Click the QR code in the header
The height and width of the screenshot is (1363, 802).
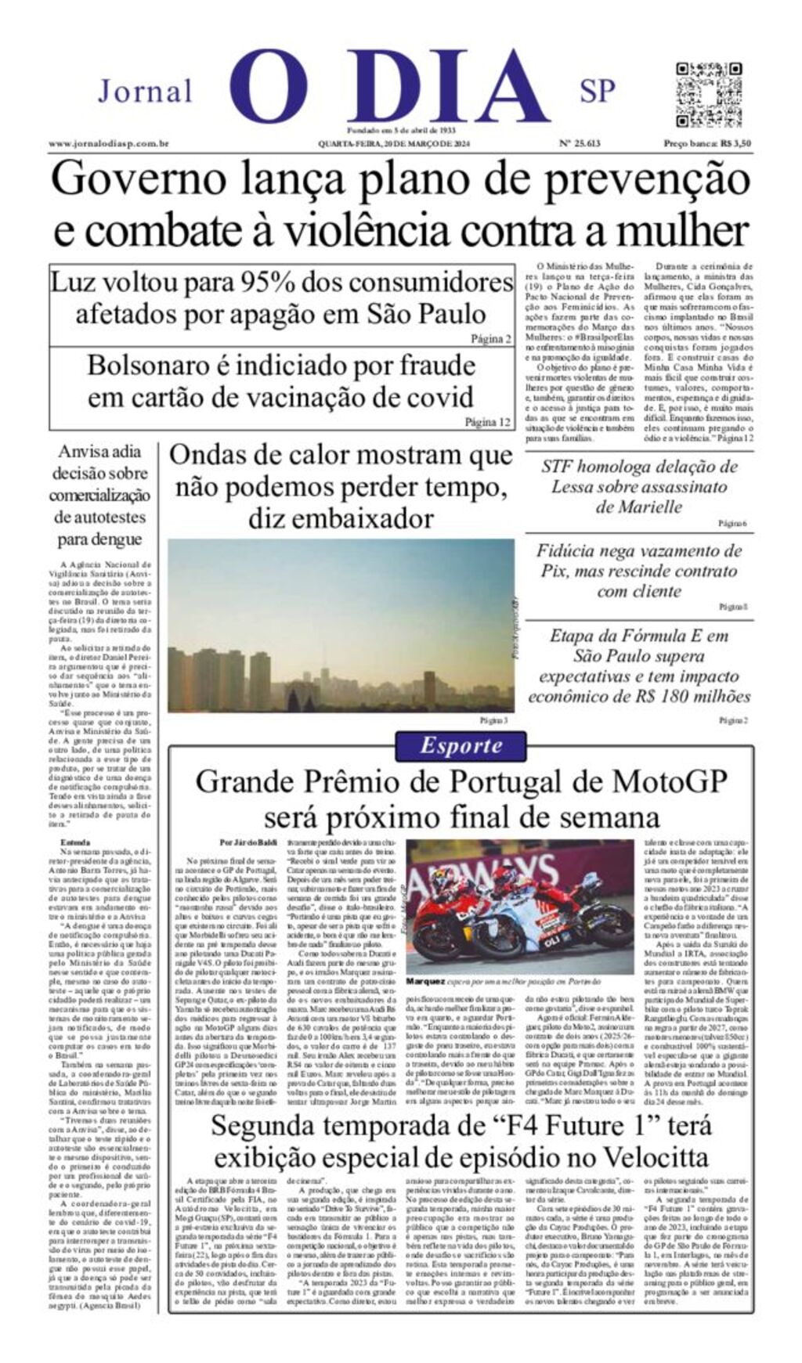click(x=708, y=94)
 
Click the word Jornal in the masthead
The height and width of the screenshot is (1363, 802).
click(x=145, y=92)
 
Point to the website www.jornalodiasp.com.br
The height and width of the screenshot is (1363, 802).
click(x=109, y=143)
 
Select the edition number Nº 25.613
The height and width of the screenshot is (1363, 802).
click(x=580, y=143)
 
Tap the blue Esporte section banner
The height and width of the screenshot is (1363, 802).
click(x=461, y=745)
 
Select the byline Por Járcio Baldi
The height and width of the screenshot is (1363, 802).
click(x=248, y=842)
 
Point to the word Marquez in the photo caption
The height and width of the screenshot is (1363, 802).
click(x=425, y=980)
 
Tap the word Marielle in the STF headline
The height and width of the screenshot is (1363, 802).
click(x=638, y=507)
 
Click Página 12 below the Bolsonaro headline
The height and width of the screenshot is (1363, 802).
click(x=487, y=422)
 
